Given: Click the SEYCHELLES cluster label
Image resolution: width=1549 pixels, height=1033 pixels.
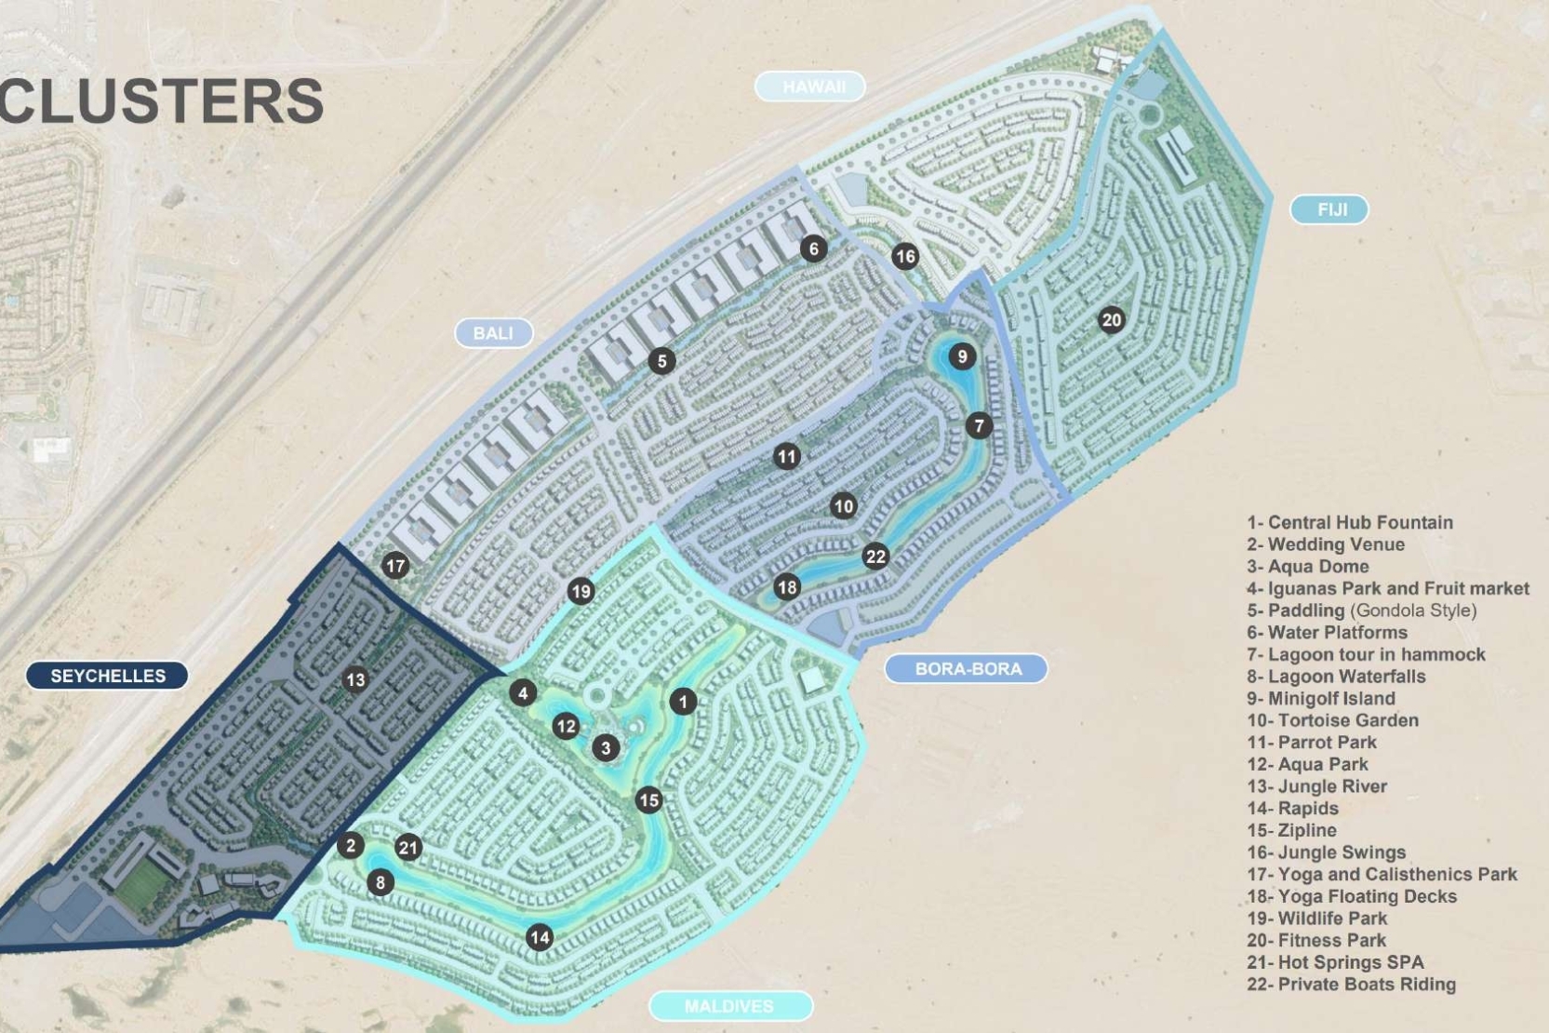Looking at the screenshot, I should coord(107,676).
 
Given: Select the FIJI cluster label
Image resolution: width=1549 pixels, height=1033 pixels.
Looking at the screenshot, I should coord(1330,209).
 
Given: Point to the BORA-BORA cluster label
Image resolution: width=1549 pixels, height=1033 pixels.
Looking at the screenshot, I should coord(967,668).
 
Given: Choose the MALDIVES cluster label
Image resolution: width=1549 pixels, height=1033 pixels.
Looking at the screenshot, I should coord(729,1006).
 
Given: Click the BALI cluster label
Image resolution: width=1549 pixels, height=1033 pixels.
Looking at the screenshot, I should coord(493,332).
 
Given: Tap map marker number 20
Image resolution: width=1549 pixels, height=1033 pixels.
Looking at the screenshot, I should coord(1111,320).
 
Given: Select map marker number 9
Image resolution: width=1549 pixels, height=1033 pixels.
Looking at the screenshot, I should coord(962,356).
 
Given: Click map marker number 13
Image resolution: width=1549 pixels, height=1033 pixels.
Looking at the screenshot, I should coord(355,679).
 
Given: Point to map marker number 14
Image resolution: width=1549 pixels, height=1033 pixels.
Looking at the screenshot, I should coord(540,937).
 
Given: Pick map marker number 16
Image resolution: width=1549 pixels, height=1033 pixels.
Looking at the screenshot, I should coord(904,256).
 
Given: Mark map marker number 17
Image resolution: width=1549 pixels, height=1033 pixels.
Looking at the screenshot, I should coord(395,565).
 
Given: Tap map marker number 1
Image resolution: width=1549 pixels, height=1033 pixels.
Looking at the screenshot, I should coord(683,701).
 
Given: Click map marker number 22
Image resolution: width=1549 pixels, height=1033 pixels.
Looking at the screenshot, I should coord(875,557).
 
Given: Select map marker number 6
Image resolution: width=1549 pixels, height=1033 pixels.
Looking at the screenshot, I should coord(814,248).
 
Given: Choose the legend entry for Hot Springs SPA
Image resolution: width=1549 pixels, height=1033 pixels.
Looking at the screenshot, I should coord(1335,962).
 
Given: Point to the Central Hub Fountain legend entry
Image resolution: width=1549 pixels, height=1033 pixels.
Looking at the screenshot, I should coord(1349,522).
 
